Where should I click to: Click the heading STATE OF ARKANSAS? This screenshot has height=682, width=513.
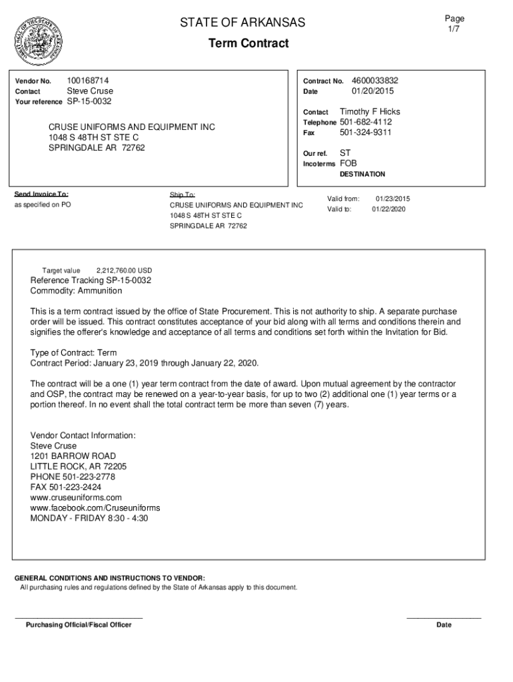click(243, 23)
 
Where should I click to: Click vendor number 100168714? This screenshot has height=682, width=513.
click(88, 81)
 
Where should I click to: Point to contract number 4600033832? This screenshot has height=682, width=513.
click(374, 81)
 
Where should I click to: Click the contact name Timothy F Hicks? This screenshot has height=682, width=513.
click(370, 112)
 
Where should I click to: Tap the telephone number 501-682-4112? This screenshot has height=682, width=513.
click(366, 123)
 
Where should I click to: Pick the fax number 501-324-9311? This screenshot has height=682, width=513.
click(366, 133)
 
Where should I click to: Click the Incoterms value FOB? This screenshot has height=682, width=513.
click(348, 163)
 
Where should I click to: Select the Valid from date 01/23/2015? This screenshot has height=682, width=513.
click(392, 199)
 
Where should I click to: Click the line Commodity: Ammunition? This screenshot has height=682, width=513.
click(76, 291)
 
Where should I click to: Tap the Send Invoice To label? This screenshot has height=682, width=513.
click(41, 194)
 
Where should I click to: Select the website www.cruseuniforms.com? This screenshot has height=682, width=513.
click(76, 498)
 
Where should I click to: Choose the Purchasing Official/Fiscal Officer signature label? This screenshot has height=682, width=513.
click(79, 625)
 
